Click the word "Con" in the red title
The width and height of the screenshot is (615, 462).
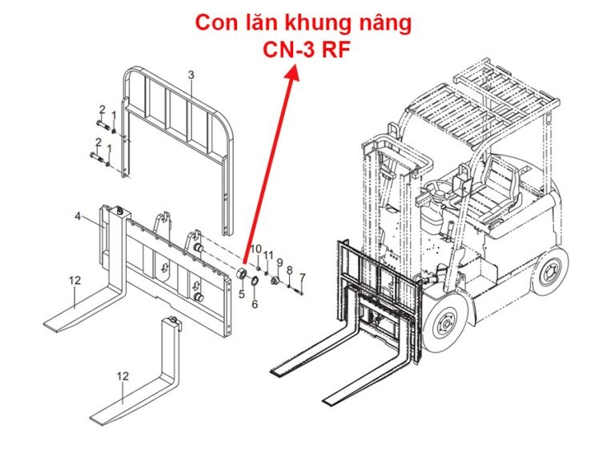(x=219, y=23)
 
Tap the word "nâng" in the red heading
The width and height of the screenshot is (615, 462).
(x=383, y=23)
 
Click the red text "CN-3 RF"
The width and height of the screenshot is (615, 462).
(x=306, y=50)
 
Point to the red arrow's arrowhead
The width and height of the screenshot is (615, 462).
(x=294, y=73)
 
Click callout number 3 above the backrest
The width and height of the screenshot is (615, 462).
(x=191, y=75)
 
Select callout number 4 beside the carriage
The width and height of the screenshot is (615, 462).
(x=78, y=217)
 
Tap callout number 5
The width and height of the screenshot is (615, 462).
(x=241, y=294)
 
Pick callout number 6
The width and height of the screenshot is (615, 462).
(x=255, y=304)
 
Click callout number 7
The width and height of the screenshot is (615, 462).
(x=302, y=278)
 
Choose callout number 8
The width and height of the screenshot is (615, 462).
(x=290, y=270)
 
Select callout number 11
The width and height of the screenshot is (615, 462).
(x=269, y=255)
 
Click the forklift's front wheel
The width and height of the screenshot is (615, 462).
(x=443, y=324)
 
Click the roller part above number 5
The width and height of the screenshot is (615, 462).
(x=239, y=278)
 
